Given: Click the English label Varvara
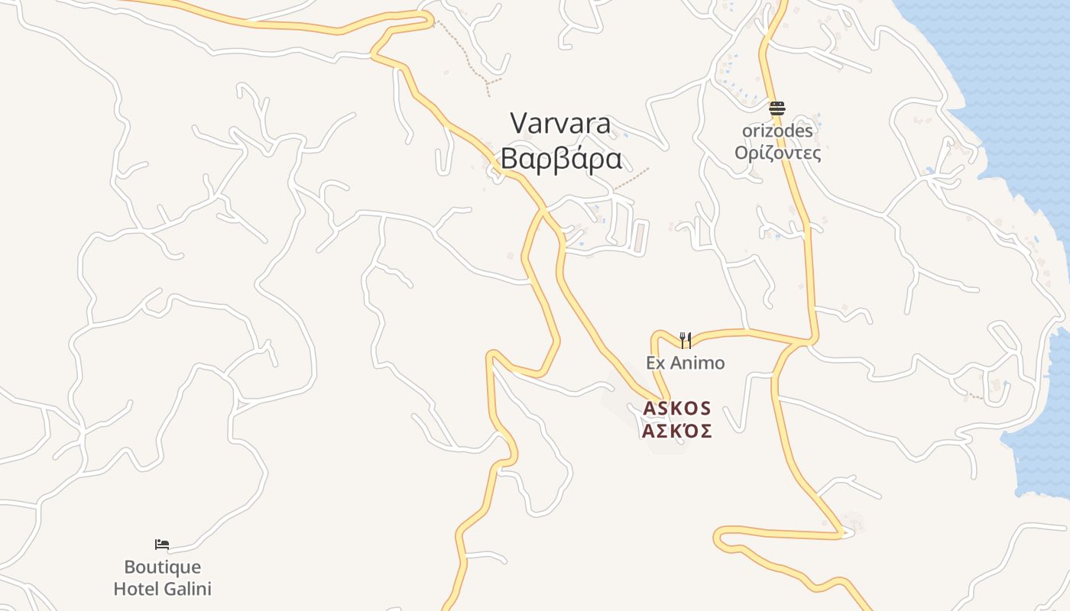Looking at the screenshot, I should (x=560, y=123).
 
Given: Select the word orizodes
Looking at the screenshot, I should (x=777, y=131).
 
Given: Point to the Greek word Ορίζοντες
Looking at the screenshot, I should (x=777, y=153).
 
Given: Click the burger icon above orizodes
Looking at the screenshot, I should (x=777, y=108).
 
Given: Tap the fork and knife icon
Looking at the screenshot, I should (x=686, y=340).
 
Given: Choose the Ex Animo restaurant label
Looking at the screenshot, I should (x=686, y=363).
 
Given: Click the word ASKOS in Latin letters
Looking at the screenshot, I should (x=677, y=409).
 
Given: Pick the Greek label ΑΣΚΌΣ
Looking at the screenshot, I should (x=677, y=432).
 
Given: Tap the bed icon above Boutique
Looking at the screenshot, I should (x=162, y=545).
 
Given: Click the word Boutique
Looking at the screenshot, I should (x=162, y=567).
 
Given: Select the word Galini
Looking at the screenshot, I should (x=186, y=589).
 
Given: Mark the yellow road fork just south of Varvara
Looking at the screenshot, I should (x=545, y=209).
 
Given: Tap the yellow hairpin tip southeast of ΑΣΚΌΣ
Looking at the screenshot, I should (x=844, y=533).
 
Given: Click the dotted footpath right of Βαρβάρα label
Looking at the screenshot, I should (x=631, y=178).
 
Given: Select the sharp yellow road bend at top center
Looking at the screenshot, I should (x=430, y=18).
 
